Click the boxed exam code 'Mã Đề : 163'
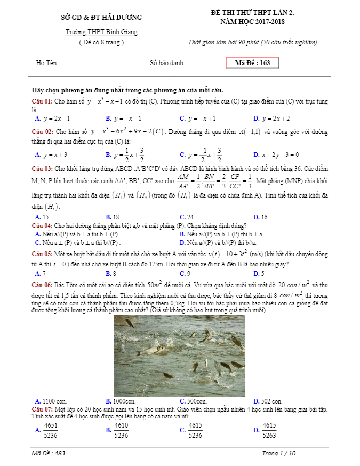point(252,63)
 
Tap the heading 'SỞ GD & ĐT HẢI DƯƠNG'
point(102,17)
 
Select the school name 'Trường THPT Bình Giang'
point(101,32)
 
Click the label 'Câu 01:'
point(42,101)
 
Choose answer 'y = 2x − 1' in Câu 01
point(57,119)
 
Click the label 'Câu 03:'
point(42,167)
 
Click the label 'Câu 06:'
point(42,285)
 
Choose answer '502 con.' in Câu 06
point(271,401)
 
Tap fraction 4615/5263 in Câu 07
point(269,430)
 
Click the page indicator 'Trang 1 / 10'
point(278,453)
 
